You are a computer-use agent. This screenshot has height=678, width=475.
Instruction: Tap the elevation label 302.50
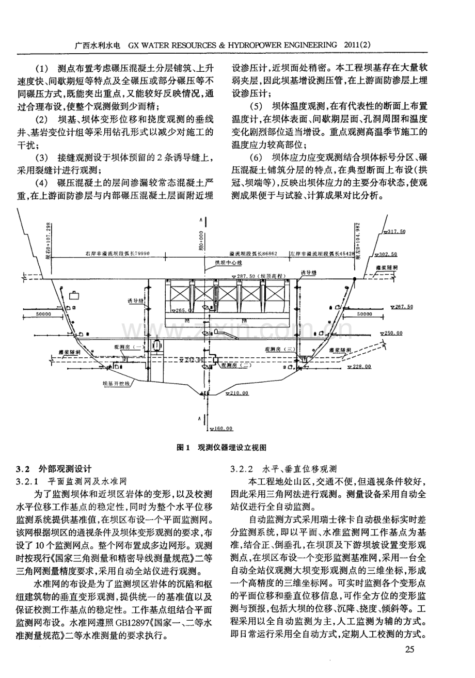(x=388, y=254)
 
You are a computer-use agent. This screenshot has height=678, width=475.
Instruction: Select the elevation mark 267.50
(x=403, y=307)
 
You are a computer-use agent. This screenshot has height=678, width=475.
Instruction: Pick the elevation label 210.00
(x=237, y=393)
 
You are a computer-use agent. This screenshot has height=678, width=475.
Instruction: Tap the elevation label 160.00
(x=223, y=428)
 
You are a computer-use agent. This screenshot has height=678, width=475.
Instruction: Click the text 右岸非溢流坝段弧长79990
(x=118, y=254)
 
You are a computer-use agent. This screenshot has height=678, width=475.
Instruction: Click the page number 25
(x=410, y=649)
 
